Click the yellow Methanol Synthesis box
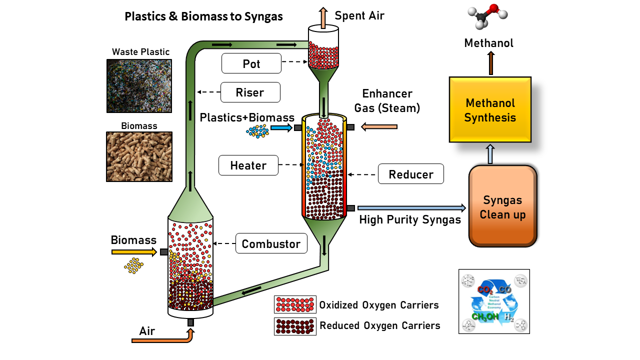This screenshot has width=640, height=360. [x=490, y=110]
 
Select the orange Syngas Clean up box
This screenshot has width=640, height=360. [x=502, y=206]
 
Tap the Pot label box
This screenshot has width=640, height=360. [x=251, y=64]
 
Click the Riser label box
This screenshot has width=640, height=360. [x=250, y=92]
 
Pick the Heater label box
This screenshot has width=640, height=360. [x=248, y=165]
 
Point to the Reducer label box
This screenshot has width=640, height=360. [x=411, y=174]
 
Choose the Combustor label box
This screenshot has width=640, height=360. [x=271, y=243]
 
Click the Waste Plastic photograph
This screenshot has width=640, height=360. [x=139, y=86]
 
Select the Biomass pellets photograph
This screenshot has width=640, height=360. [x=139, y=156]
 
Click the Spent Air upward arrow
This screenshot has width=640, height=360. [x=323, y=17]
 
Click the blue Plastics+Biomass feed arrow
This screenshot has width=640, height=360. [x=281, y=128]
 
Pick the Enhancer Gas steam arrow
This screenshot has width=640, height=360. [x=379, y=127]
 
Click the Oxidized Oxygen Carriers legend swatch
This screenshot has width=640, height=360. [x=295, y=304]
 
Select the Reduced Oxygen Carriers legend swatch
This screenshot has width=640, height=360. [x=295, y=326]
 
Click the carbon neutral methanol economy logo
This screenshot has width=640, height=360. [x=494, y=301]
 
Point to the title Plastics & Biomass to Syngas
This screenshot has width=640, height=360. [x=203, y=16]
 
